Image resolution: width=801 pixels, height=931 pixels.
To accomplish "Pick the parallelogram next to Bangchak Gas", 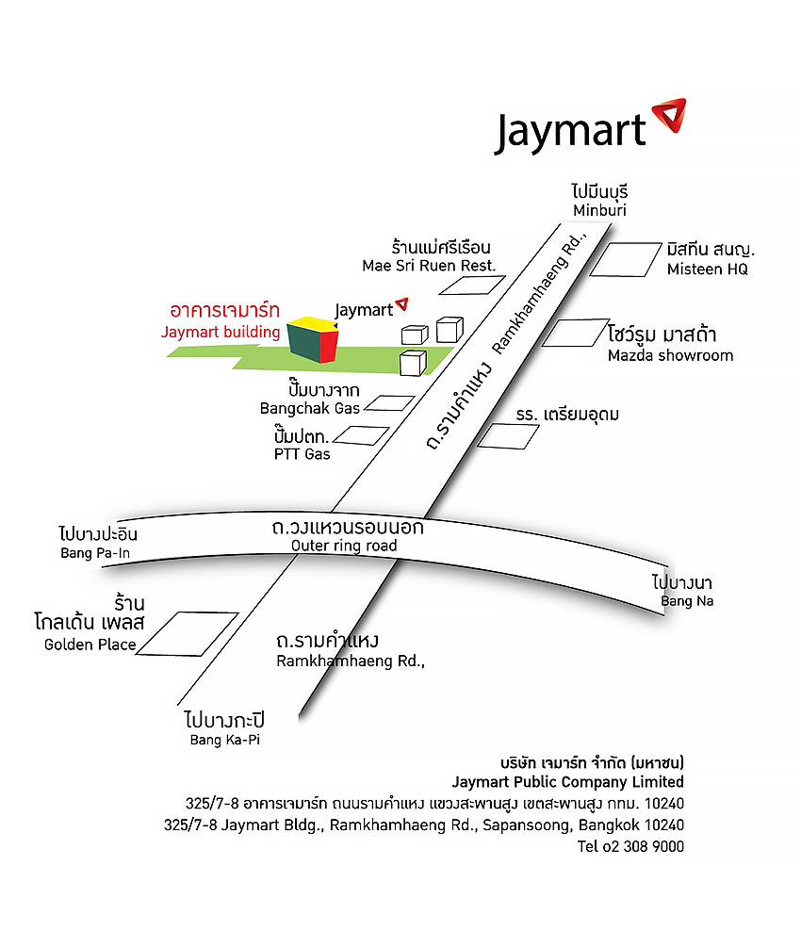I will tap(389, 403).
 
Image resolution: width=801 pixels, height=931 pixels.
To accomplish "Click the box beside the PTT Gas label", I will tap(362, 435).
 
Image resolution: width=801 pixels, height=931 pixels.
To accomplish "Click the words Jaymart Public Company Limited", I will tap(567, 781).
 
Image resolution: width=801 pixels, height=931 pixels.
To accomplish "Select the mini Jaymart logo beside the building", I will tap(371, 308).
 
